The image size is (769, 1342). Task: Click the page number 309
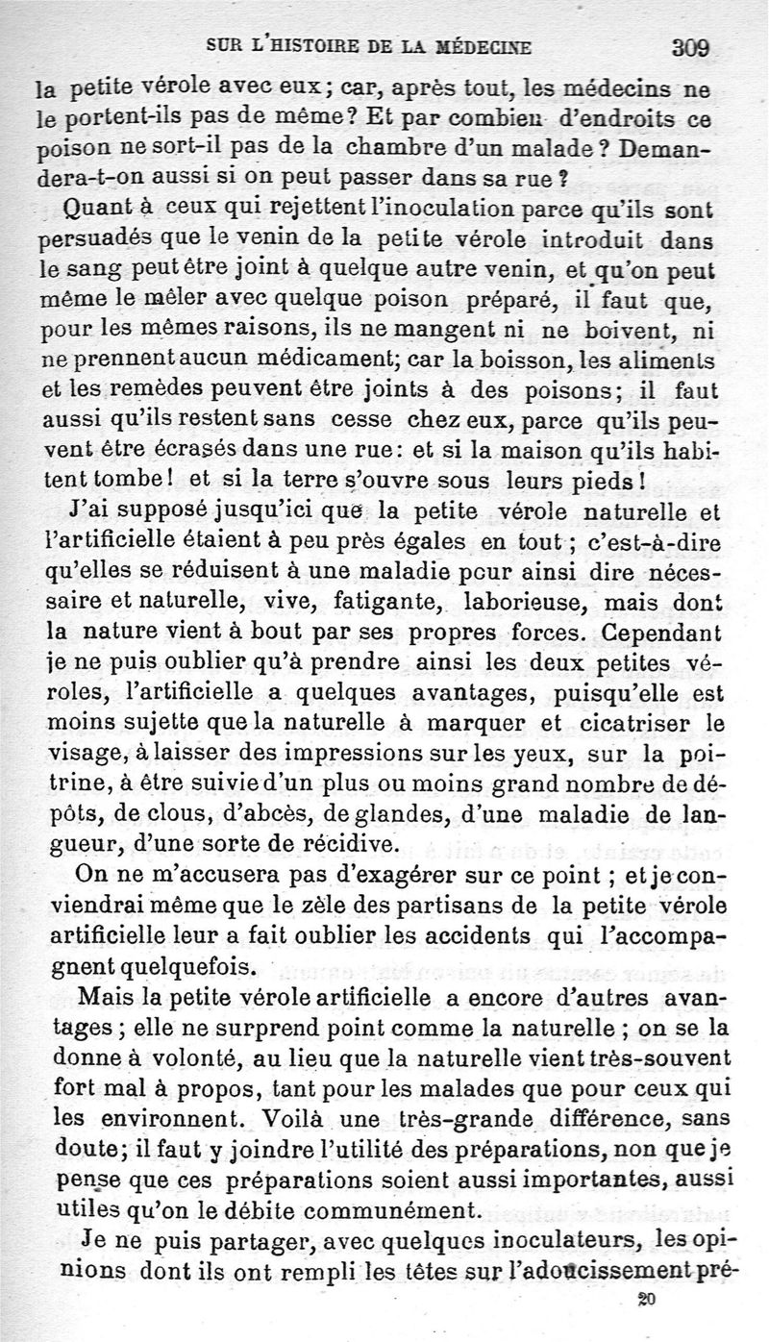[x=690, y=47]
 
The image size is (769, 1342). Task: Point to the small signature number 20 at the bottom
[x=645, y=1300]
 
